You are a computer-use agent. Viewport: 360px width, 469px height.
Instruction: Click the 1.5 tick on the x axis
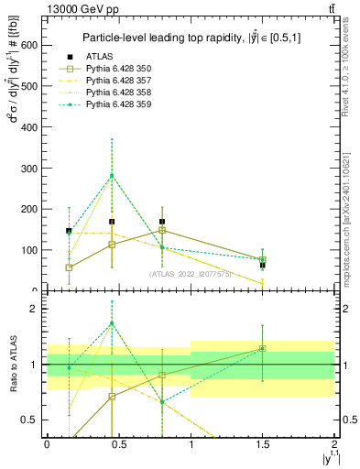262,443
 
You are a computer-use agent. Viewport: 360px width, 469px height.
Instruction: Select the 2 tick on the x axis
334,443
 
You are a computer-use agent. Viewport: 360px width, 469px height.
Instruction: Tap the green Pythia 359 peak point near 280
112,176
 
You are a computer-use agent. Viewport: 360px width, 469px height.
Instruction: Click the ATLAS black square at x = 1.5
262,265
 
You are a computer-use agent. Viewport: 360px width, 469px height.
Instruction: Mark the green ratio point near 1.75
112,323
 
